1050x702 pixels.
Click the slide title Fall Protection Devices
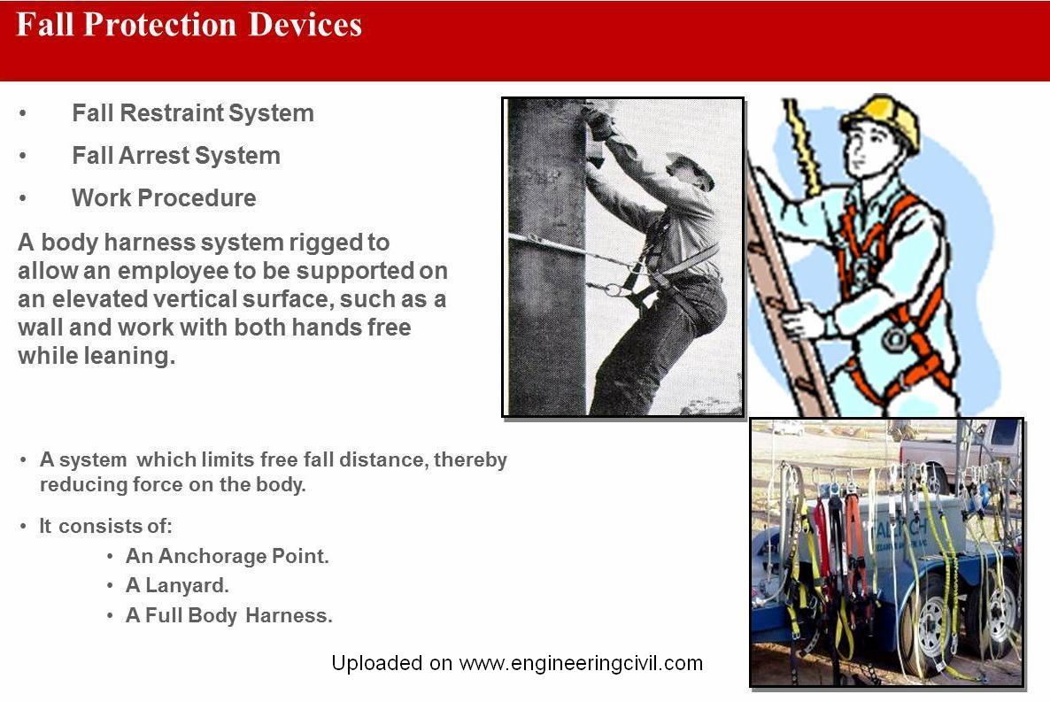(189, 25)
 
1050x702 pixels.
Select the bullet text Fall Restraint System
(193, 112)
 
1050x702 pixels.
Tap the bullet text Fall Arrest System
(176, 156)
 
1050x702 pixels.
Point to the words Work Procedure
(164, 198)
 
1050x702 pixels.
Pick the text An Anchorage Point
(227, 556)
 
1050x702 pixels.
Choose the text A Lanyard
(177, 585)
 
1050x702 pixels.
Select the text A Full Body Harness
(229, 615)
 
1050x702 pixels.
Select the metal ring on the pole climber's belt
(613, 289)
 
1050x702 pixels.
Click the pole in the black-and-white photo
(546, 258)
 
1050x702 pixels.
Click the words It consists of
(105, 527)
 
